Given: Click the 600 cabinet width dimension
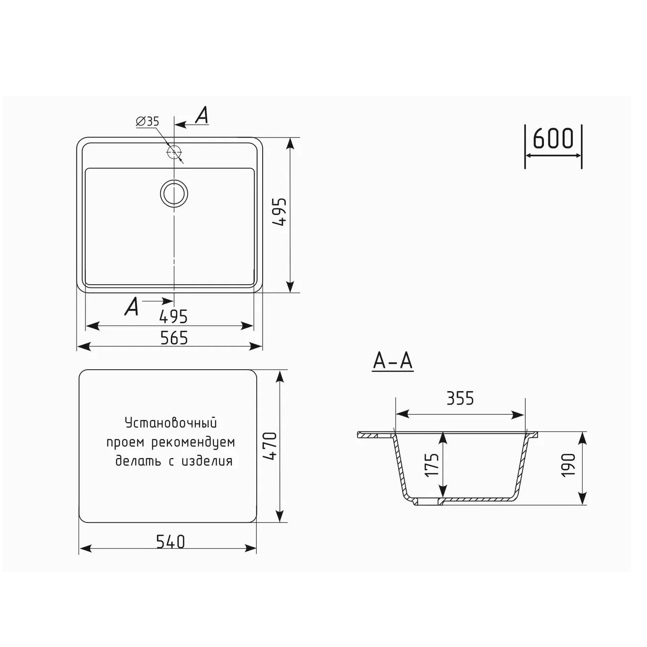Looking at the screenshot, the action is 553,138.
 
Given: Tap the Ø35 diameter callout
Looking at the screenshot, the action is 147,121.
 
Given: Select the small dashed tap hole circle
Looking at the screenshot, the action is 174,153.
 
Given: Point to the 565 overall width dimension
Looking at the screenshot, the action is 174,338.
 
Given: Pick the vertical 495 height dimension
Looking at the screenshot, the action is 279,212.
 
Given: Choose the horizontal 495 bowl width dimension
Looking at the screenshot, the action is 173,317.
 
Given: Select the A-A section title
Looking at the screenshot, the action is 393,362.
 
